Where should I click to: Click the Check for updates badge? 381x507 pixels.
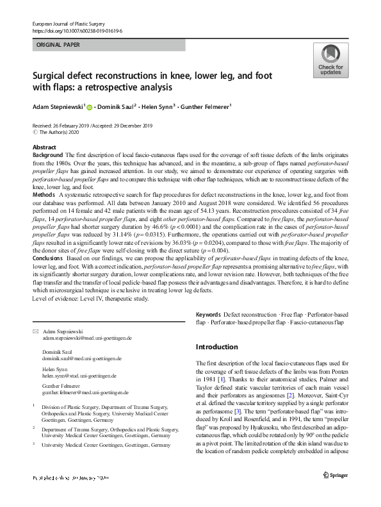(330, 62)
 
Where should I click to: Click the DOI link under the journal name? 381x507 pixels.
(77, 31)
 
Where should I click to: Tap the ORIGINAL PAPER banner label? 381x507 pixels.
(59, 46)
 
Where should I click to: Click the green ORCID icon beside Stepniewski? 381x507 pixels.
(90, 107)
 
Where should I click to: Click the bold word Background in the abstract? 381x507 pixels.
(47, 156)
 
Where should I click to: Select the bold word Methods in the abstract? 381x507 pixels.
(44, 193)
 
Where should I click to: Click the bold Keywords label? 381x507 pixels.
(209, 315)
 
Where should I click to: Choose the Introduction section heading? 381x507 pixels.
(216, 347)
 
